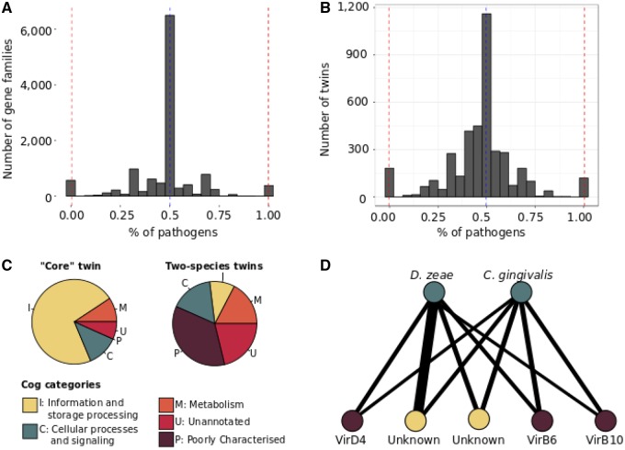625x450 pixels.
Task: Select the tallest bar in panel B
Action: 486,106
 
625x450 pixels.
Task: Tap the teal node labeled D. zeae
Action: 437,292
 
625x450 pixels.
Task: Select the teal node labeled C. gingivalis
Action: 521,292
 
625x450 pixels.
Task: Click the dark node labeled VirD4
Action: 354,420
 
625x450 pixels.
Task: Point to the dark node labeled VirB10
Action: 605,420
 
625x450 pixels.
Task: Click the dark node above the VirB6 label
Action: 541,420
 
